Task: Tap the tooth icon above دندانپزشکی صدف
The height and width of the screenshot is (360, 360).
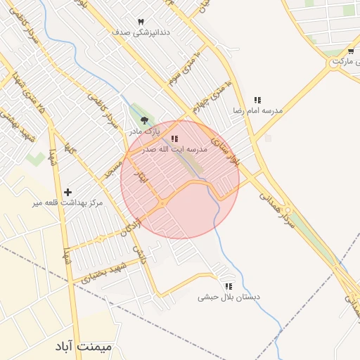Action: coord(141,22)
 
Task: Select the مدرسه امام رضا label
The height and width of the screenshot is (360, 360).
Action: coord(258,111)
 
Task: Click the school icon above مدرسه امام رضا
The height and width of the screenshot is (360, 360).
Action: coord(258,101)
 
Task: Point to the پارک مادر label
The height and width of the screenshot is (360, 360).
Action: coord(144,131)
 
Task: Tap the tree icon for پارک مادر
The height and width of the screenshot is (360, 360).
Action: coord(145,121)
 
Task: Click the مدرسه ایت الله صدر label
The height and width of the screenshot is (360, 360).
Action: coord(174,149)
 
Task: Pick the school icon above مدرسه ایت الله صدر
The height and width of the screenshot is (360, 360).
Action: coord(174,139)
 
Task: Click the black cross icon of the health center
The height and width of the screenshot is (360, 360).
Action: coord(67,192)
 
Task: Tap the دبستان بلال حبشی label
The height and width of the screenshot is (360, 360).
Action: coord(228,297)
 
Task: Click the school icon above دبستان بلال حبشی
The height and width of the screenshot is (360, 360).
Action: coord(228,287)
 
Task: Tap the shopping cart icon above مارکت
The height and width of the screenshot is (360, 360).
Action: coord(350,51)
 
